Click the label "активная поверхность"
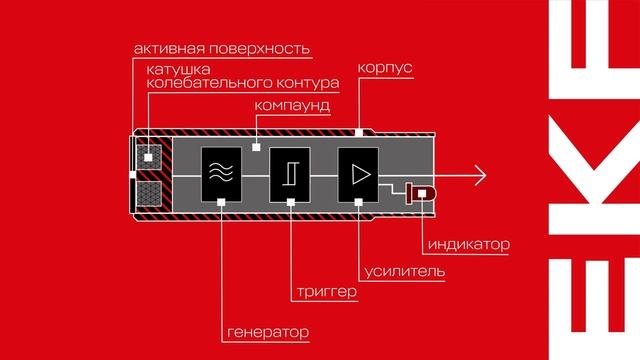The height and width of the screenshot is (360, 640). [x=221, y=48]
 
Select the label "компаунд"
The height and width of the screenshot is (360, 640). [x=293, y=105]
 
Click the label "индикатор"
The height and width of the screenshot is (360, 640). [x=468, y=244]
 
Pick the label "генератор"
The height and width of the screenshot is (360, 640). [x=265, y=330]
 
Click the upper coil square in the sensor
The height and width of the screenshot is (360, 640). [x=154, y=156]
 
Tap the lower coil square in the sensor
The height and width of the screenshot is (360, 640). [x=154, y=191]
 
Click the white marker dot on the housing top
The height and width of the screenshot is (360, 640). [x=358, y=132]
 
